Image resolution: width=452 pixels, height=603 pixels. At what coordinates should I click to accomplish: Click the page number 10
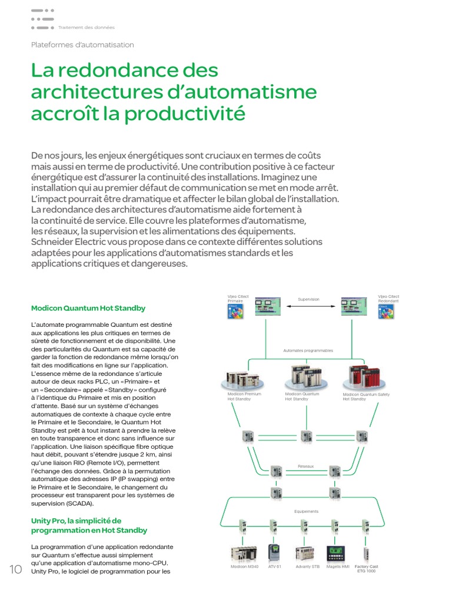coord(15,569)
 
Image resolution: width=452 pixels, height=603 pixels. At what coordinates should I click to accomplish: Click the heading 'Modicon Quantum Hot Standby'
coord(88,308)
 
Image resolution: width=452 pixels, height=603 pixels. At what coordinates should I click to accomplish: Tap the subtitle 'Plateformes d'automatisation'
coord(82,45)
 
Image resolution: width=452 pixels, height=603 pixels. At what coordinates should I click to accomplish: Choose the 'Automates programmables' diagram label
coord(308,350)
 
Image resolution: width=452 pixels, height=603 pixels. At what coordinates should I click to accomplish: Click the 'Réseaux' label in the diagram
coord(306,466)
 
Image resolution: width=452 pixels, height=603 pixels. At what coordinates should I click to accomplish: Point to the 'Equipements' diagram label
coord(306,511)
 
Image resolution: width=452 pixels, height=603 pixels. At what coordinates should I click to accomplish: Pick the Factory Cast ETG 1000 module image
coord(366,553)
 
